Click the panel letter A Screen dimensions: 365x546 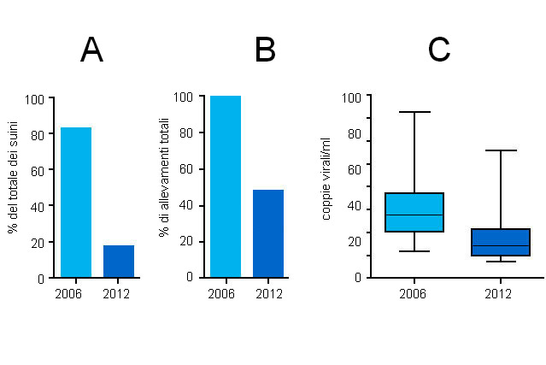point(91,50)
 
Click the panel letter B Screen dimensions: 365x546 point(265,50)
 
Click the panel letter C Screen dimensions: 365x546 point(438,50)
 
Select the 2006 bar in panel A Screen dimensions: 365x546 point(76,203)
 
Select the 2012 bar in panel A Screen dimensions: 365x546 point(119,261)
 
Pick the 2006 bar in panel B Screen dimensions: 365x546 point(226,186)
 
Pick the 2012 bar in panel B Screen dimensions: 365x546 point(268,233)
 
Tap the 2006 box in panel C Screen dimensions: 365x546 point(414,212)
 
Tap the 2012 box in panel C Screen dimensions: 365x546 point(501,242)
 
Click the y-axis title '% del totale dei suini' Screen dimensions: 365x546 point(13,188)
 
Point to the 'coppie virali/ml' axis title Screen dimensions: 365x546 point(326,183)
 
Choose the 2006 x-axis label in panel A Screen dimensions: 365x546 point(68,295)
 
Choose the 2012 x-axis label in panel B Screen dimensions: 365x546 point(268,294)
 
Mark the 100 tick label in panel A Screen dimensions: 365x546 point(34,98)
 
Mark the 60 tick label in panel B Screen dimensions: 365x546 point(185,168)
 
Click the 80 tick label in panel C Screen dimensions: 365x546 point(353,133)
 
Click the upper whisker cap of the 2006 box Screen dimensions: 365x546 point(414,112)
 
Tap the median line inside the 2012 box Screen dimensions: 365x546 point(501,245)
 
